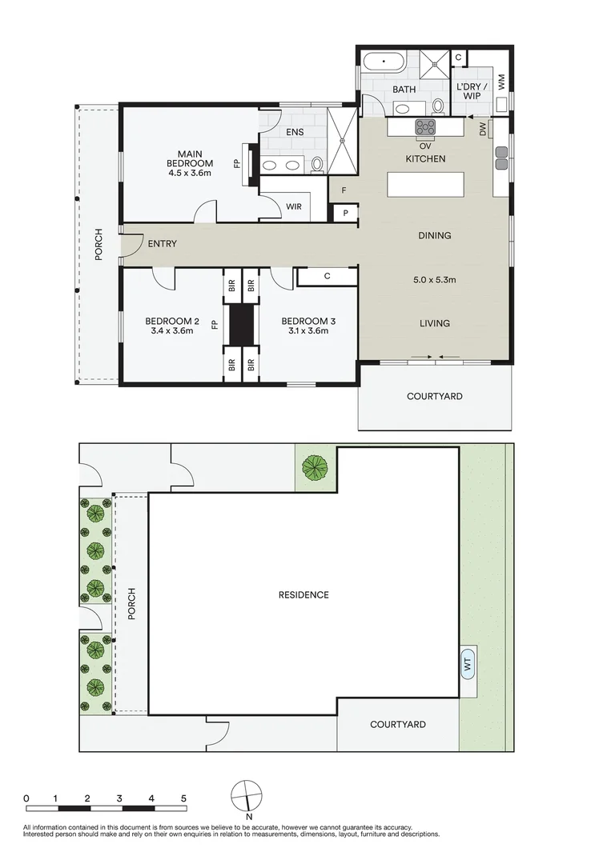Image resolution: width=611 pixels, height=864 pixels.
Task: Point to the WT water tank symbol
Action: [468, 662]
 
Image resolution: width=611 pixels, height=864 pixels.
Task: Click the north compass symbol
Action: [247, 795]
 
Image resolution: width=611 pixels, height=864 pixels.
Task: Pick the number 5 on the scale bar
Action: [183, 798]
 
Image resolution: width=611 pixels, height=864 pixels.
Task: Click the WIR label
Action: [294, 206]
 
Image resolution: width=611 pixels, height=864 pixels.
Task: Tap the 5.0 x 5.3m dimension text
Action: [433, 280]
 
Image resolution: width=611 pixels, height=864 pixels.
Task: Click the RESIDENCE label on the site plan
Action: [303, 594]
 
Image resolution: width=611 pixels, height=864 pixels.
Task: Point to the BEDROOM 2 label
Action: [171, 322]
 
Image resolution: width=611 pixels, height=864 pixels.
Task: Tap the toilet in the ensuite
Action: [317, 164]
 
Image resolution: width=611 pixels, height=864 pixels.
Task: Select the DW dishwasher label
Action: [483, 130]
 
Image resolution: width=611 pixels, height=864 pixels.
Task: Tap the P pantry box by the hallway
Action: [344, 214]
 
